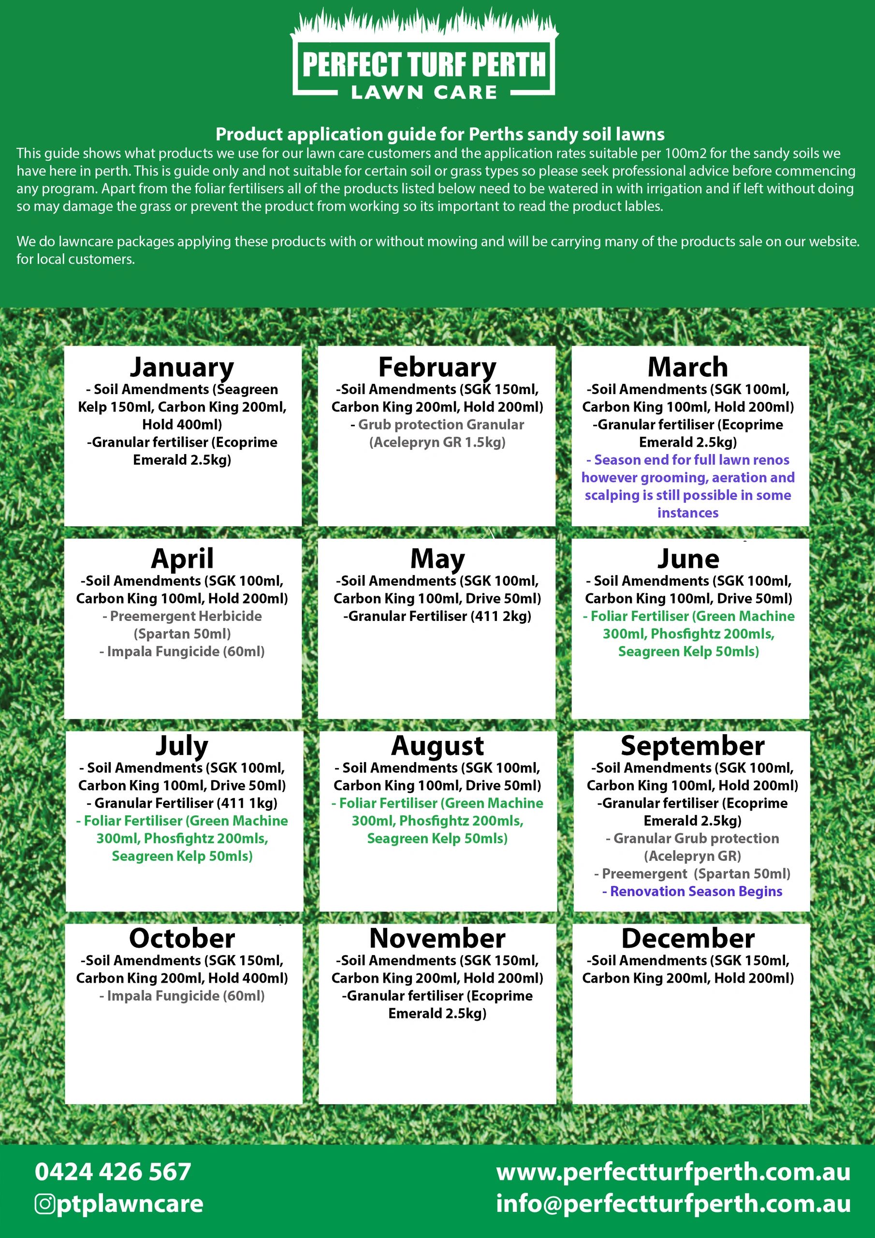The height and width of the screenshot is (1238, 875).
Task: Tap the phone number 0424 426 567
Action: (x=113, y=1172)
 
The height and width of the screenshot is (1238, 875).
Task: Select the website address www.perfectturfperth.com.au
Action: (x=673, y=1172)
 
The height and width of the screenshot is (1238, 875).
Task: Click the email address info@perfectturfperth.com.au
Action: (x=673, y=1204)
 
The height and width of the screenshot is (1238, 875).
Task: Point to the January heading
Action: (x=182, y=367)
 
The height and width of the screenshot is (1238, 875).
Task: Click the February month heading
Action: (x=437, y=367)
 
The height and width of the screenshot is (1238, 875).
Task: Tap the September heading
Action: (x=692, y=746)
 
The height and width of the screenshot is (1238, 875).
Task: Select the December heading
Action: (x=688, y=938)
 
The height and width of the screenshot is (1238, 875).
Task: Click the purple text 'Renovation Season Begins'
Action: (x=692, y=891)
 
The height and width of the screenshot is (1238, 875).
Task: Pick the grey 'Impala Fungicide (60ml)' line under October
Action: (x=182, y=995)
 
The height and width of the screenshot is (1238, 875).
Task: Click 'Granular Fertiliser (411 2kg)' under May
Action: (x=437, y=616)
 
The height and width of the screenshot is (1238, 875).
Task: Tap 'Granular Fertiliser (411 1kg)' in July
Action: (x=182, y=803)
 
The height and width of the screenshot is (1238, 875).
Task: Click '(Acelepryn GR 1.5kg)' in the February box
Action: (x=437, y=442)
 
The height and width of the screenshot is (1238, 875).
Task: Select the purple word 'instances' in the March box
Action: (x=688, y=513)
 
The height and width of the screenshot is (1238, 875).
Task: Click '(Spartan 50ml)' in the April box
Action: (x=182, y=634)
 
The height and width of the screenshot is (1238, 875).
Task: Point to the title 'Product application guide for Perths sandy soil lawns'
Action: (x=440, y=134)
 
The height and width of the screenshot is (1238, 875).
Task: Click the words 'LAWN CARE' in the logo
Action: (x=424, y=92)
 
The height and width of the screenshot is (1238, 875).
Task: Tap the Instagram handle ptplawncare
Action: (x=130, y=1204)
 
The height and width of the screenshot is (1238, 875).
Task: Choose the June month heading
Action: (x=688, y=559)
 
